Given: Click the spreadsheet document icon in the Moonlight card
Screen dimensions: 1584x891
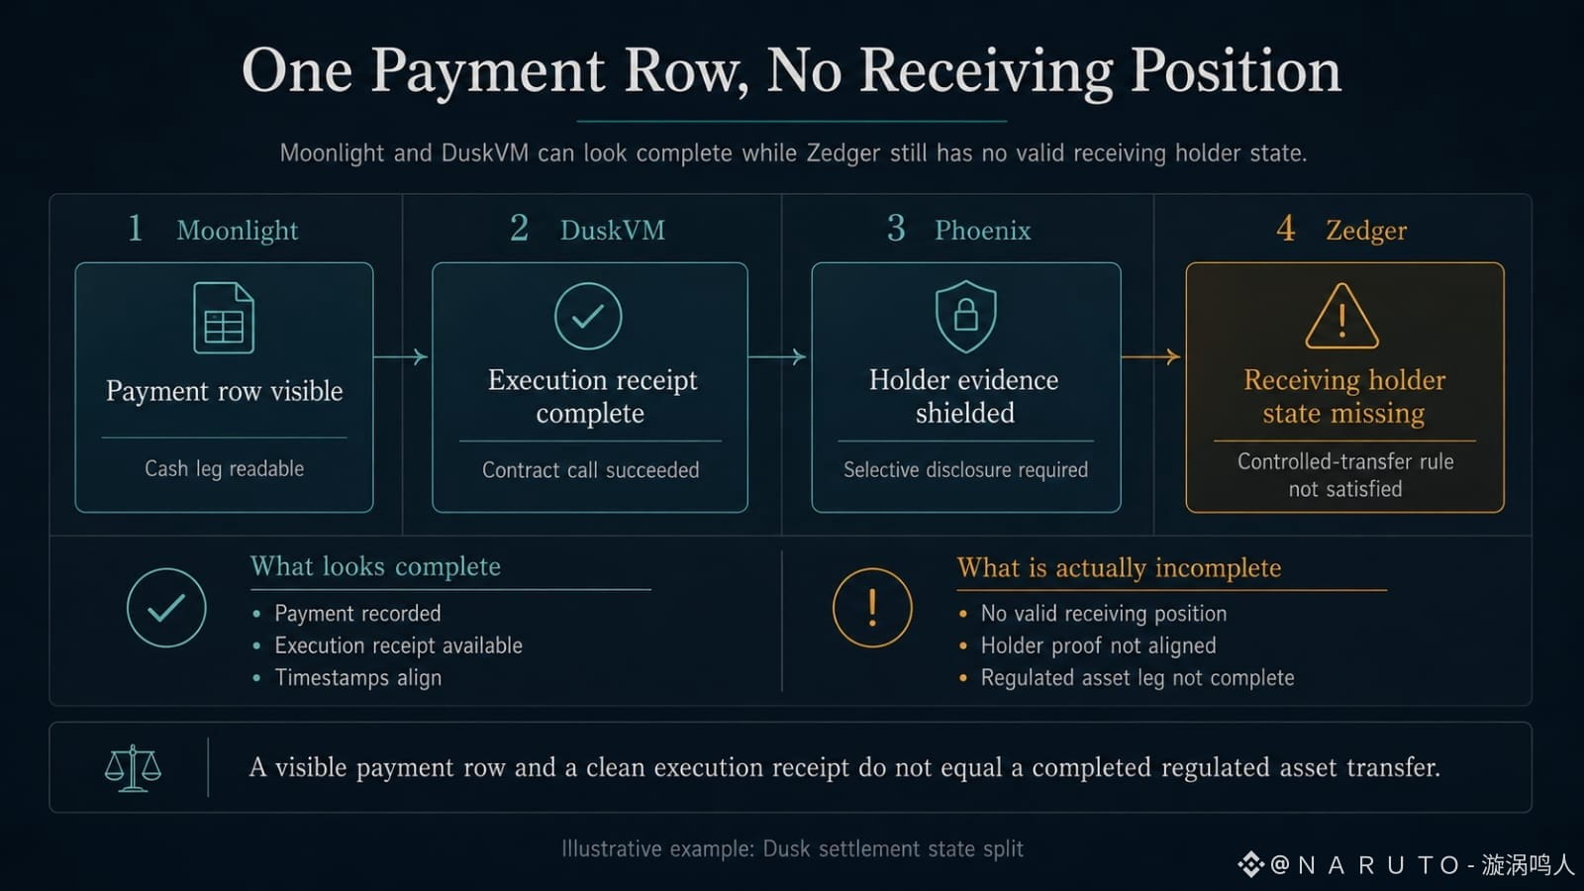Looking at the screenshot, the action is click(224, 318).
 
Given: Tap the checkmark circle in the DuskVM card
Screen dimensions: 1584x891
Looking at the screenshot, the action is click(588, 316).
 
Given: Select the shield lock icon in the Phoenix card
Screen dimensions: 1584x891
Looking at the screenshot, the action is click(966, 316).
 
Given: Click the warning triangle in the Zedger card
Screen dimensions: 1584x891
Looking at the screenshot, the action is click(1341, 316).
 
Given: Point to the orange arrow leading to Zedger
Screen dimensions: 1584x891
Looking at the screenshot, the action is click(1151, 357).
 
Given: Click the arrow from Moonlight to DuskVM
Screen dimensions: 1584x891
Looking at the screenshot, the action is click(401, 357).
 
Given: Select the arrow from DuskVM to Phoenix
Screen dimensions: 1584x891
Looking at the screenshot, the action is click(777, 357).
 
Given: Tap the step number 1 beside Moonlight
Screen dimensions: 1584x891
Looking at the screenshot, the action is click(135, 229).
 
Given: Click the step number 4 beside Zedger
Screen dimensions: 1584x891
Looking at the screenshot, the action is click(1286, 229).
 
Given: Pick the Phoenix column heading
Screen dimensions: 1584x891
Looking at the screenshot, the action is click(983, 231).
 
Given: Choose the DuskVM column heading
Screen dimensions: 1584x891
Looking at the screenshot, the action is click(613, 231).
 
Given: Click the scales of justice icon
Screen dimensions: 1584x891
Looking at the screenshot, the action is click(133, 768).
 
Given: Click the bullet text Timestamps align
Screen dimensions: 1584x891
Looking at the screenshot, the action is click(357, 677).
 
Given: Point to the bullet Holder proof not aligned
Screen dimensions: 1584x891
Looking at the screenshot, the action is click(1098, 645).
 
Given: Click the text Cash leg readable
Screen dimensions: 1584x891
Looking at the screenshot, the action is click(224, 468).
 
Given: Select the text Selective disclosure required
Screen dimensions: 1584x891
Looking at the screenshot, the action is click(965, 469).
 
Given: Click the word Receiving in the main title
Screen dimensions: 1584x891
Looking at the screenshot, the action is click(987, 72).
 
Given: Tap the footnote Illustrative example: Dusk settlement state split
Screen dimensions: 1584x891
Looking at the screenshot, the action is click(792, 848).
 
